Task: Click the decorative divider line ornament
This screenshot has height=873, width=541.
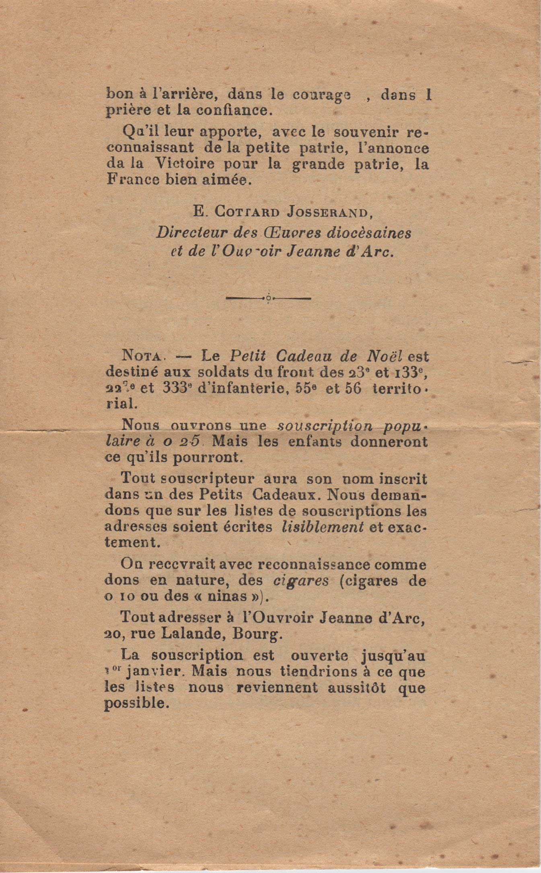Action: coord(268,298)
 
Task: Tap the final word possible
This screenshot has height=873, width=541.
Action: coord(135,703)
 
